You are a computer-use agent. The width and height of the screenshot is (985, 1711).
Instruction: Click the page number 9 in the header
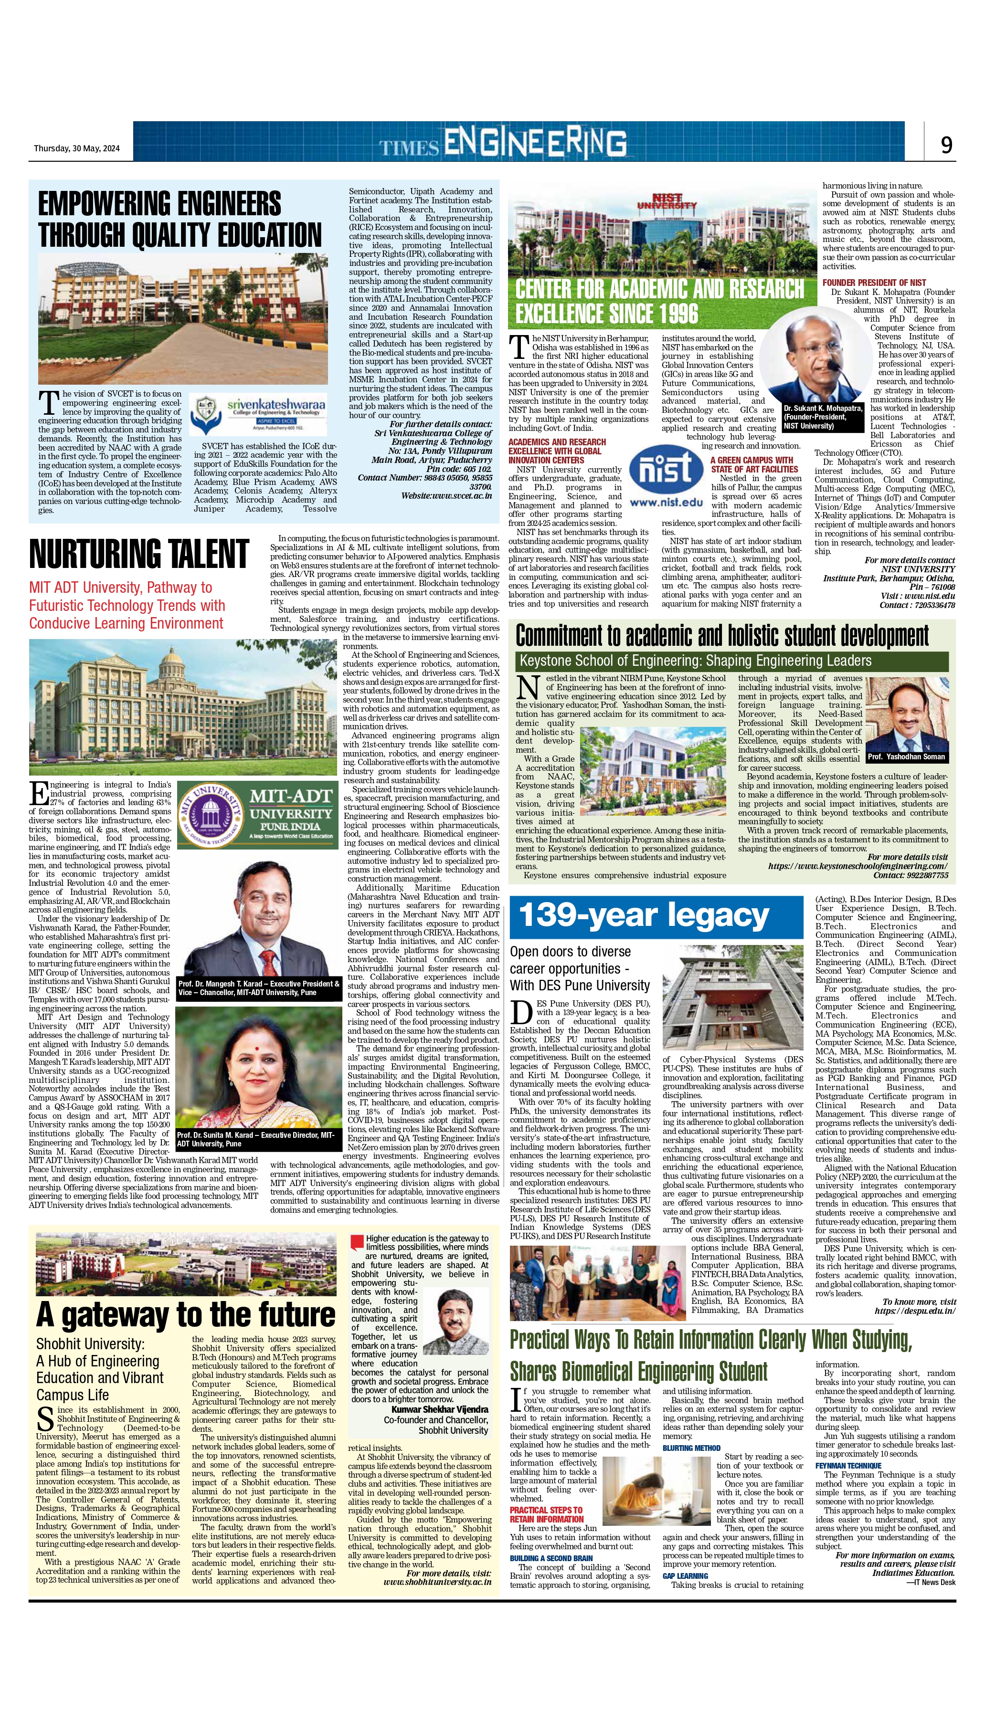click(946, 145)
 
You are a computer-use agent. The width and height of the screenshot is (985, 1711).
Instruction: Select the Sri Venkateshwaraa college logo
click(258, 414)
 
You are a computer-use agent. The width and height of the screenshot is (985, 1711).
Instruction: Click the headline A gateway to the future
click(186, 1314)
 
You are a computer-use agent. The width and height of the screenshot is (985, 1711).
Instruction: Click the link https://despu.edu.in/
click(915, 1311)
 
